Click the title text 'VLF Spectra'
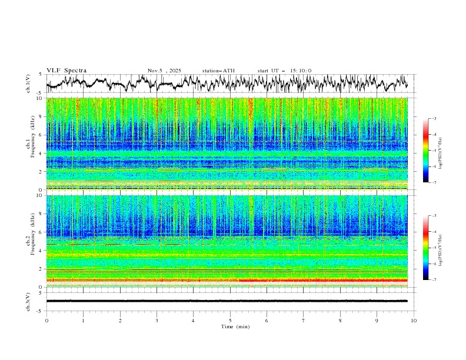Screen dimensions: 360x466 coord(66,71)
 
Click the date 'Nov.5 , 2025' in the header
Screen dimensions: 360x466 coord(165,71)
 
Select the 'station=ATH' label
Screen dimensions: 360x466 coord(218,71)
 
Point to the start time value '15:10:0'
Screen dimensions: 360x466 coord(301,71)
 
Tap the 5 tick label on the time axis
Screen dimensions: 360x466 coord(231,320)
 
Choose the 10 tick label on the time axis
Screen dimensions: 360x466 coord(414,320)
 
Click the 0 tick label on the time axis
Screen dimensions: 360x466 coord(46,320)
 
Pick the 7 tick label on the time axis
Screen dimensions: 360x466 coord(304,320)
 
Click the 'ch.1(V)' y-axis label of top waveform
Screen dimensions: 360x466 coord(29,84)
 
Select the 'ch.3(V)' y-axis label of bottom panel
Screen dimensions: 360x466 coord(29,301)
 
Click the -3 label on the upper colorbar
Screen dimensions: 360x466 coord(434,119)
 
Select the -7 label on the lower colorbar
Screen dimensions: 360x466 coord(434,280)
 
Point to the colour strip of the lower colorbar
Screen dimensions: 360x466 coord(426,248)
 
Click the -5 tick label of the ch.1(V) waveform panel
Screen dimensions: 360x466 coord(39,93)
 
